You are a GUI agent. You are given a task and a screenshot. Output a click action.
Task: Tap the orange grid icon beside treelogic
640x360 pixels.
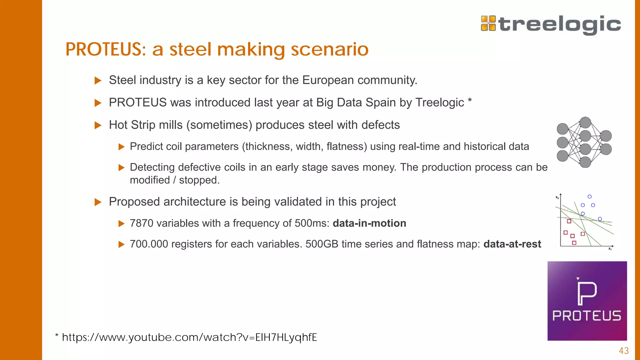coord(488,23)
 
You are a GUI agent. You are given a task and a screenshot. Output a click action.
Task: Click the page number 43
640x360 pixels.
coord(624,351)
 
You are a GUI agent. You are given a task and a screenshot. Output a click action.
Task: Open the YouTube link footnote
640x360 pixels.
coord(189,337)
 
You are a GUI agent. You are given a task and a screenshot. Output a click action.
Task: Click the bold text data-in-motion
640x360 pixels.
coord(369,223)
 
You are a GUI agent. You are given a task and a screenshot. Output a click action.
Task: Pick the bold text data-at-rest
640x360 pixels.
coord(512,244)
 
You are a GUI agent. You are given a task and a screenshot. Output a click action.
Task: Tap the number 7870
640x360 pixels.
coord(142,223)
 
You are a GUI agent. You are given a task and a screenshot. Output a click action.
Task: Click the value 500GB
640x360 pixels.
coord(322,244)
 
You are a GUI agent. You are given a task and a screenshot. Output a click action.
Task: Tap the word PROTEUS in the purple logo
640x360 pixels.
coord(587,316)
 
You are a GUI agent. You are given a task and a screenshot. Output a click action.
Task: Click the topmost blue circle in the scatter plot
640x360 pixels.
coord(589,197)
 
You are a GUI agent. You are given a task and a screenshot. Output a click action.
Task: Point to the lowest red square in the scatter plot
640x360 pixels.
coord(574,243)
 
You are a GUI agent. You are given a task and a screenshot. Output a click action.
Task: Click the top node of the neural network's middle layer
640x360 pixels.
coord(585,122)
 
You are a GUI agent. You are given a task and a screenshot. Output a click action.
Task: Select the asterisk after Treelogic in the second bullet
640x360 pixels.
coord(470,101)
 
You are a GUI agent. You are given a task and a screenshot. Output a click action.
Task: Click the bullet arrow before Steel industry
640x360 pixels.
coord(98,81)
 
